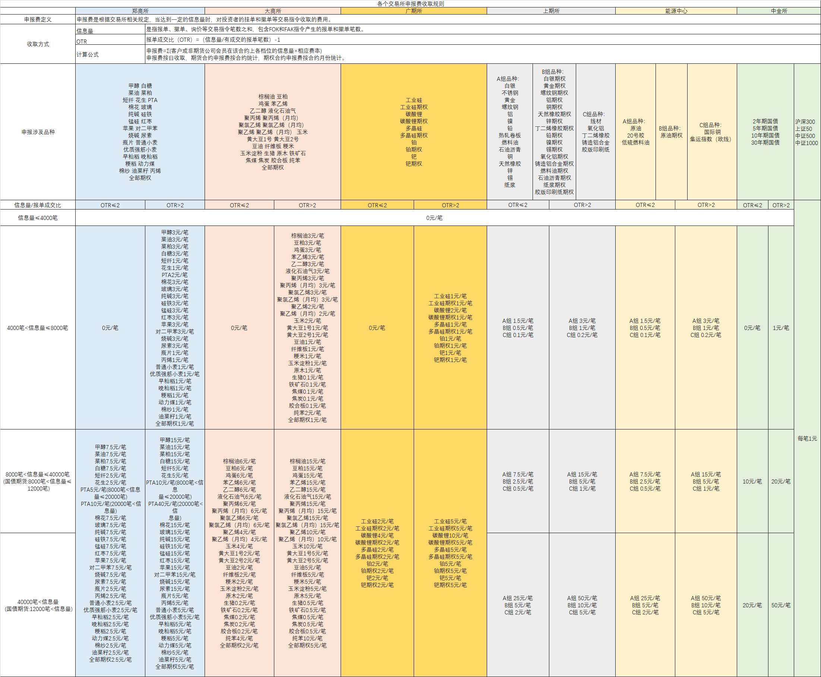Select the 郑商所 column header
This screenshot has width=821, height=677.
(140, 11)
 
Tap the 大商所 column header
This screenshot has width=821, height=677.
(272, 11)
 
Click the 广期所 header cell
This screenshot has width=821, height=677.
(414, 11)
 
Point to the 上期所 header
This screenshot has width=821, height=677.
(551, 11)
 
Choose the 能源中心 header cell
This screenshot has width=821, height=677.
(676, 11)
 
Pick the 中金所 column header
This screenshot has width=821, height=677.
(779, 11)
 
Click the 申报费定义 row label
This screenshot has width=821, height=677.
(38, 19)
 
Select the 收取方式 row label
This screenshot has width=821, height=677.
(38, 44)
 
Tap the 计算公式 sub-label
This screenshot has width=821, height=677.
(88, 54)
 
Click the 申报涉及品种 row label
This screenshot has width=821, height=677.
(38, 132)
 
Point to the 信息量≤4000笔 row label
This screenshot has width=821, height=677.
(38, 218)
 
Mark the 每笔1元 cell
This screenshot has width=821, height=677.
(807, 439)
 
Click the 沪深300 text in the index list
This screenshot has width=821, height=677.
(805, 122)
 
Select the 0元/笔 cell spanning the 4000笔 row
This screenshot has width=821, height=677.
(434, 218)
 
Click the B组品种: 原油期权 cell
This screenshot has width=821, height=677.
(671, 132)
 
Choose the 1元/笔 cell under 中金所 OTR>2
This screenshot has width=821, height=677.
(781, 328)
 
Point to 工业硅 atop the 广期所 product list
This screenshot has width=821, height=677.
(414, 100)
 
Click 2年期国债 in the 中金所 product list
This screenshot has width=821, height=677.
(765, 121)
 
